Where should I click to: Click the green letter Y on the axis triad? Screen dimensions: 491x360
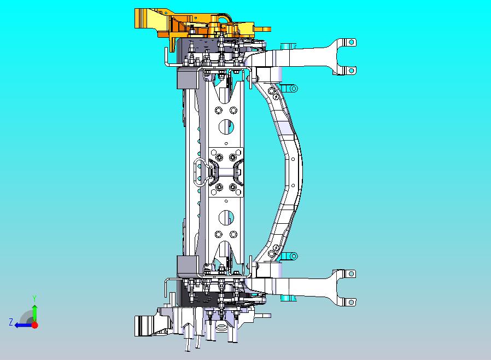(x=34, y=298)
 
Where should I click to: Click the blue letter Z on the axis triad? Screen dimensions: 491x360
(x=11, y=322)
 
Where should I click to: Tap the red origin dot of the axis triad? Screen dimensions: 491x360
(x=35, y=325)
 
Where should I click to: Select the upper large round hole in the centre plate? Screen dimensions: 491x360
(x=226, y=127)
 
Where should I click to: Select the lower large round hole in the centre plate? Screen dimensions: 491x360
(x=226, y=217)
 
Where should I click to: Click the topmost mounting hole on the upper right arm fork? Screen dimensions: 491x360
(x=352, y=42)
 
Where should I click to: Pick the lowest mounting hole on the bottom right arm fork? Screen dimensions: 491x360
(x=352, y=303)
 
